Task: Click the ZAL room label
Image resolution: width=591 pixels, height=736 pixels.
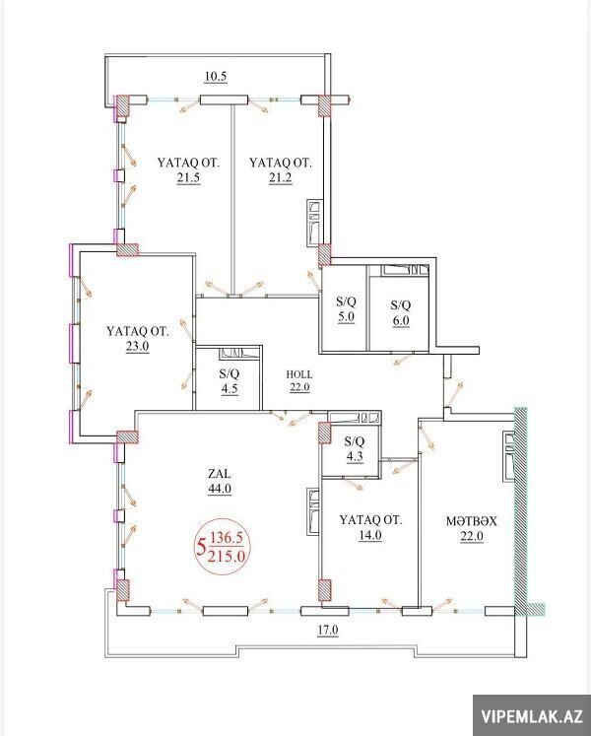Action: pos(220,474)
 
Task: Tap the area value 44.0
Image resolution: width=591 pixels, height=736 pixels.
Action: pos(220,489)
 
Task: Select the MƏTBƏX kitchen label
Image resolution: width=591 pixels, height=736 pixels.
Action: pos(471,521)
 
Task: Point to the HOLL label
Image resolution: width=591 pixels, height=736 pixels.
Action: pos(299,374)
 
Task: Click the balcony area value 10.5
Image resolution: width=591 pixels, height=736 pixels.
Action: pos(216,77)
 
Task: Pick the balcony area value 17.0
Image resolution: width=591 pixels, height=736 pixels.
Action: pos(327,630)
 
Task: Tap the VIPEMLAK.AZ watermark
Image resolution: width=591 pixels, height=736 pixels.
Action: pos(532,716)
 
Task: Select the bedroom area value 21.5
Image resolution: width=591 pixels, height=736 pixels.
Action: pos(189,178)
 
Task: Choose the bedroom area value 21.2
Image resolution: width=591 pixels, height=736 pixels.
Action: pos(281,178)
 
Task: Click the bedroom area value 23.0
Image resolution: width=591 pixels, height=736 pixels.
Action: pos(137,347)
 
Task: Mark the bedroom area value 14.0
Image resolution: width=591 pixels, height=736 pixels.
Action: pos(370,535)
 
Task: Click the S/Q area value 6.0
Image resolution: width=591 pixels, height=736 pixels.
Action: pos(401,320)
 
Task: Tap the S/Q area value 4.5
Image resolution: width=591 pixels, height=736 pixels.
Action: pos(229,389)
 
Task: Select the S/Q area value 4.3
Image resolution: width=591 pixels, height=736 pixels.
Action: pos(354,456)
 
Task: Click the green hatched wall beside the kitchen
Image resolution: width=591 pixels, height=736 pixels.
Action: pos(521,511)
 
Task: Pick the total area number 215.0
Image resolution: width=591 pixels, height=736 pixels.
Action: pos(227,557)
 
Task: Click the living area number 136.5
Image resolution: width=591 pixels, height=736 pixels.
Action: pos(227,538)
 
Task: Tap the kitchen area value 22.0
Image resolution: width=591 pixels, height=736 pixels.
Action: pos(471,536)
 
